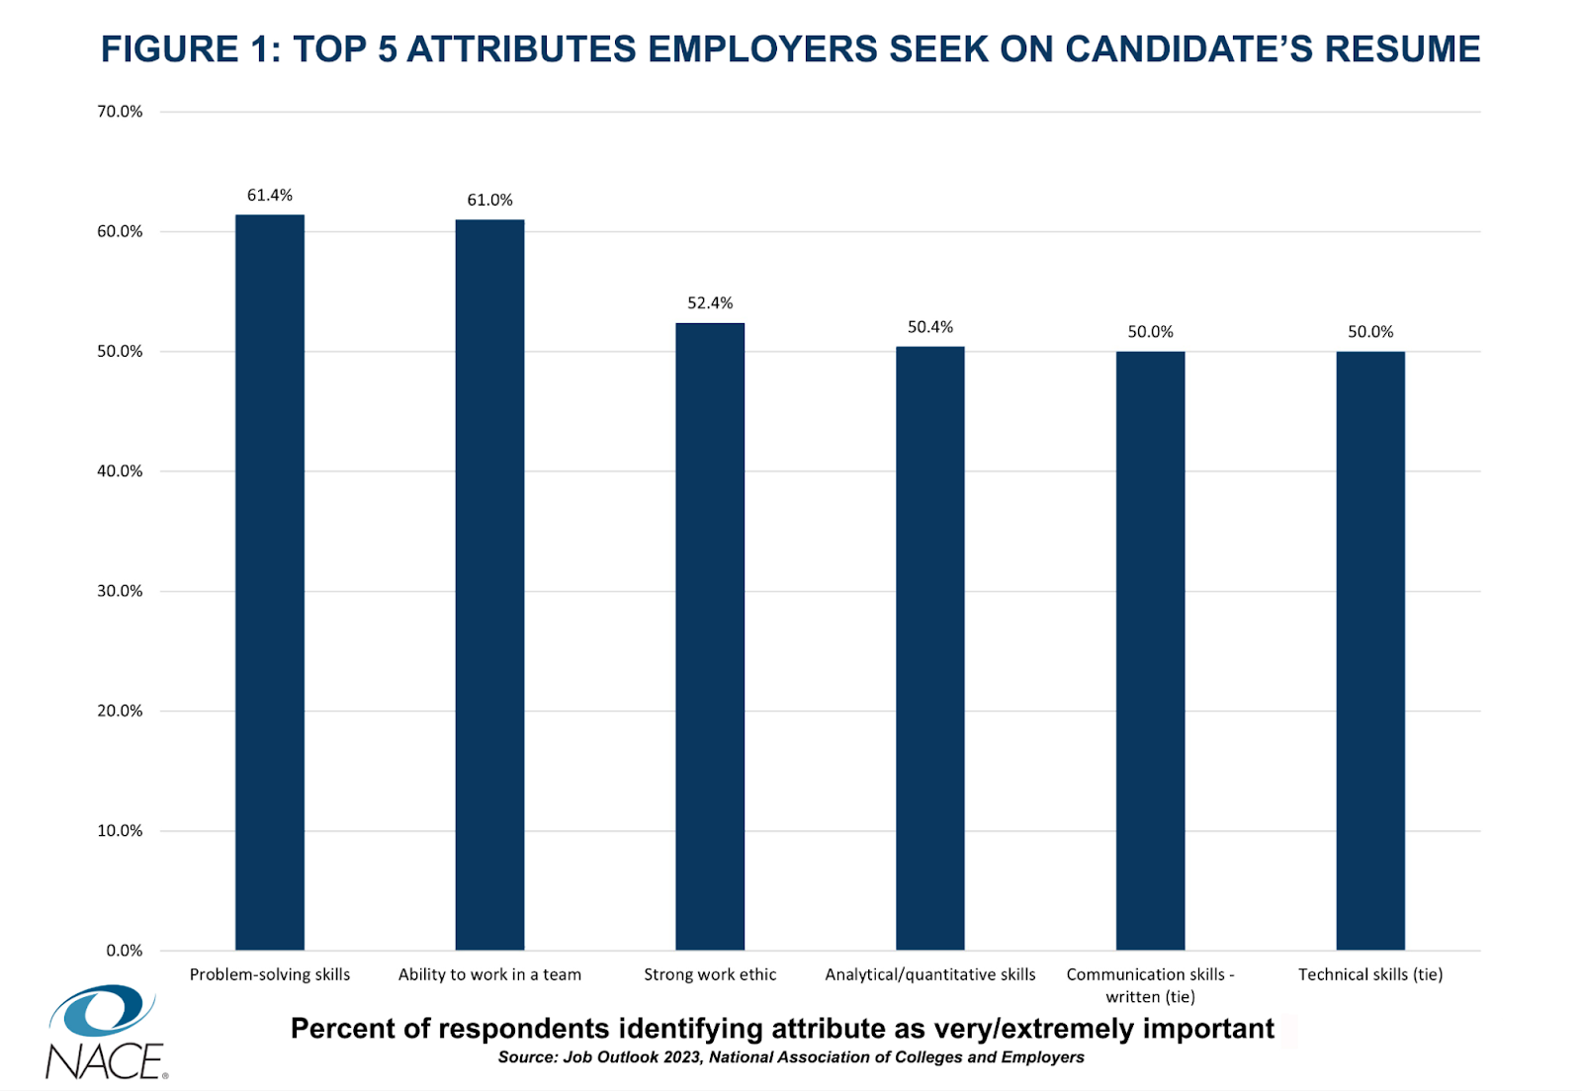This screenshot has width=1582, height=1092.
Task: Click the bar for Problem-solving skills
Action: [270, 583]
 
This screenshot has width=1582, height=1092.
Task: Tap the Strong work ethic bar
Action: [710, 636]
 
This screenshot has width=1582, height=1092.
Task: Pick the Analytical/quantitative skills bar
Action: [930, 648]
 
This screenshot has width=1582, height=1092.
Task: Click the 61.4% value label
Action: [270, 196]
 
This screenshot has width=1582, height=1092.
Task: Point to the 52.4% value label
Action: [710, 303]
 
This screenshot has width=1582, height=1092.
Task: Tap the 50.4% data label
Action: [930, 327]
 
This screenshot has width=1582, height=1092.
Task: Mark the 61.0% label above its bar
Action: [489, 201]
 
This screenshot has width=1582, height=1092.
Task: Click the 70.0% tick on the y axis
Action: [120, 112]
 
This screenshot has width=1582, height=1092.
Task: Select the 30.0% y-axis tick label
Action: [120, 591]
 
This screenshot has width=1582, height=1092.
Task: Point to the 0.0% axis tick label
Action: [125, 951]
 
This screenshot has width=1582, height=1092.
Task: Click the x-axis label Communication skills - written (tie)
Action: [1150, 985]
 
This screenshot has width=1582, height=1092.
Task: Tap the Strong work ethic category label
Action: [710, 974]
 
